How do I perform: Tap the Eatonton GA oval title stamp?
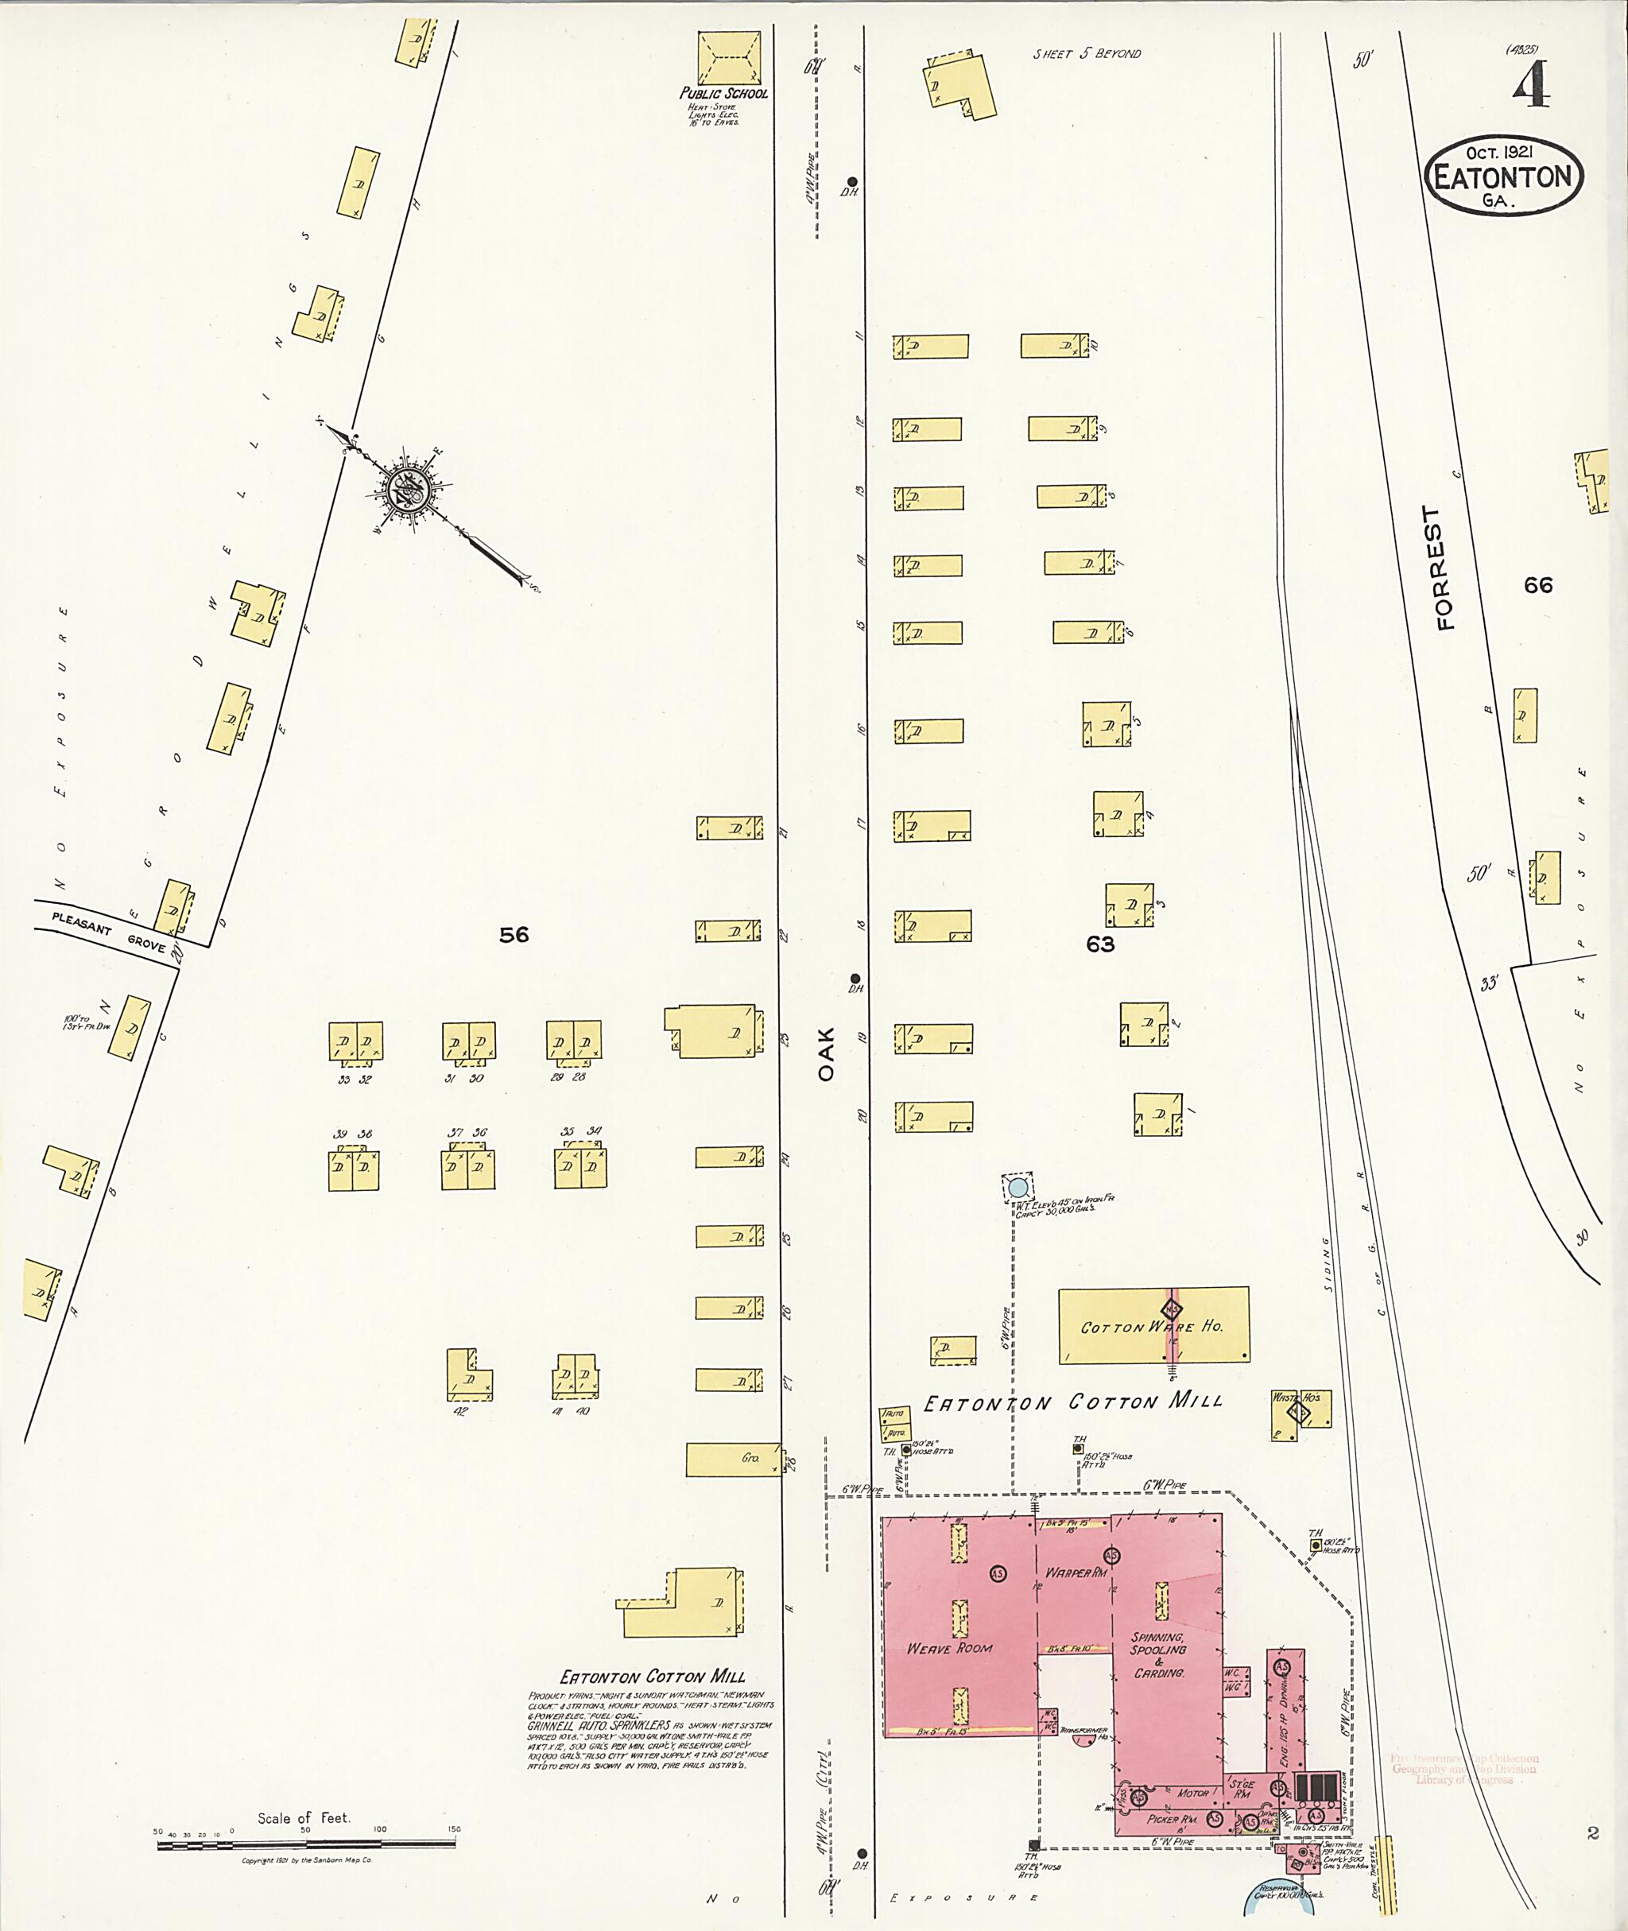coord(1504,178)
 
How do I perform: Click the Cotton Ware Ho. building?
coord(1153,1325)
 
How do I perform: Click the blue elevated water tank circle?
coord(1017,1186)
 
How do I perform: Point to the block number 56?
coord(514,935)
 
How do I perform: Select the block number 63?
coord(1100,944)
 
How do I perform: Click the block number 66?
coord(1538,585)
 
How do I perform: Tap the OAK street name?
coord(825,1054)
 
